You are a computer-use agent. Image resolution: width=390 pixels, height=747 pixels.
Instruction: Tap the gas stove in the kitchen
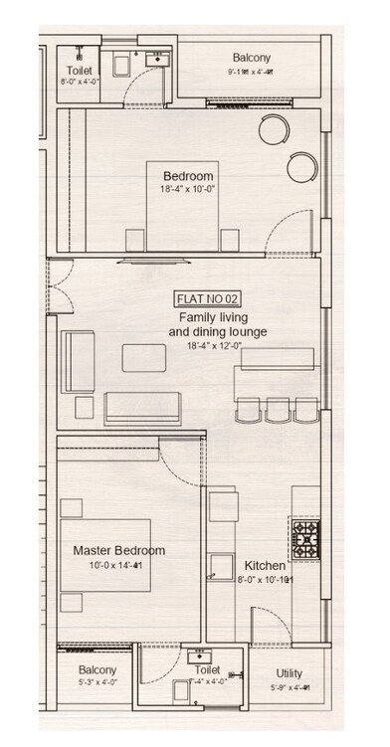coord(304,537)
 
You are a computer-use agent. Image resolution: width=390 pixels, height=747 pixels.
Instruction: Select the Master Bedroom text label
coord(118,550)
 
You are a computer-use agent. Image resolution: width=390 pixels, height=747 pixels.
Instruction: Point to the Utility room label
coord(290,673)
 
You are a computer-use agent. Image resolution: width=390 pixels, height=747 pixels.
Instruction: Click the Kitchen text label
coord(265,565)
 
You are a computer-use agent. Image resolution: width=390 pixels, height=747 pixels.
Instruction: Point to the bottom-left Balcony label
coord(97,670)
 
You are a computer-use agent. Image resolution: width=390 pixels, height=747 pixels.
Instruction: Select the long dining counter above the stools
coord(276,381)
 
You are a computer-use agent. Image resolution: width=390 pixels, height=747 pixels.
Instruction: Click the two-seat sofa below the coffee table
coord(141,406)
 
